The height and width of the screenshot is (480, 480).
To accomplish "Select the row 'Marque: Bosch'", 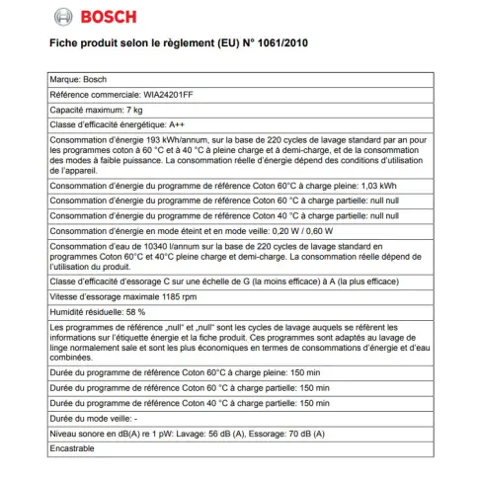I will tap(77, 77).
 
